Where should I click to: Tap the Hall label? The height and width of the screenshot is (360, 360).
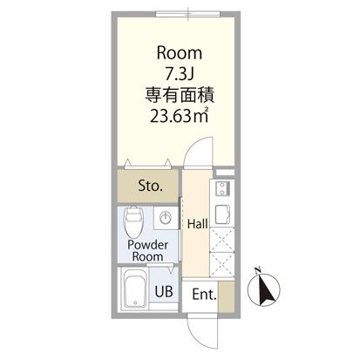197,224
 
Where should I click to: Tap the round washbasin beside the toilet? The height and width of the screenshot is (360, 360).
166,218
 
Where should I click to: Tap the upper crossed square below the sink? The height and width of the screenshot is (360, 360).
221,238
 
